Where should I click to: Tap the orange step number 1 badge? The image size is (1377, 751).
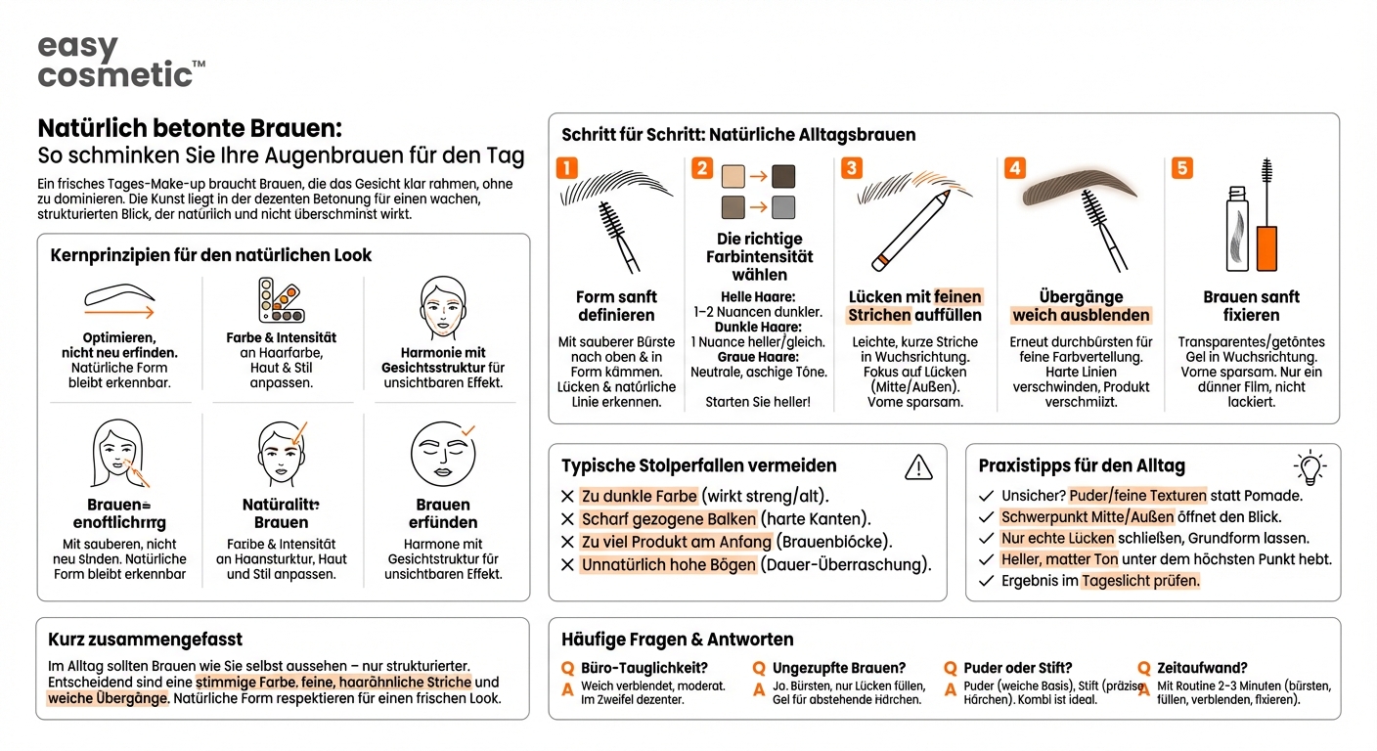pyautogui.click(x=567, y=168)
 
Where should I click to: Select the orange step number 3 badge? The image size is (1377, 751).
pyautogui.click(x=851, y=168)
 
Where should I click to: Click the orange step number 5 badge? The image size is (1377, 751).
pyautogui.click(x=1182, y=168)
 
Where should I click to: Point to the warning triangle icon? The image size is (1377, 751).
pyautogui.click(x=918, y=467)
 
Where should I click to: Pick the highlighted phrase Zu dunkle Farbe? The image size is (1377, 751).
pyautogui.click(x=639, y=496)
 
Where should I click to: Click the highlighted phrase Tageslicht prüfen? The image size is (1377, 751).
pyautogui.click(x=1139, y=581)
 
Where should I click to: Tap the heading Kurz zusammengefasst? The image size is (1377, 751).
pyautogui.click(x=145, y=640)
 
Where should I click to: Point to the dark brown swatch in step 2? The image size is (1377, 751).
pyautogui.click(x=784, y=176)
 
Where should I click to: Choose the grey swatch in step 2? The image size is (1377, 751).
pyautogui.click(x=784, y=207)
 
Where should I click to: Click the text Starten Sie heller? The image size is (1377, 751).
pyautogui.click(x=759, y=402)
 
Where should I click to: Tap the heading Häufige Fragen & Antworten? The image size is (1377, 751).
pyautogui.click(x=677, y=640)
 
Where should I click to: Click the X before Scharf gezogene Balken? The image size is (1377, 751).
pyautogui.click(x=567, y=519)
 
